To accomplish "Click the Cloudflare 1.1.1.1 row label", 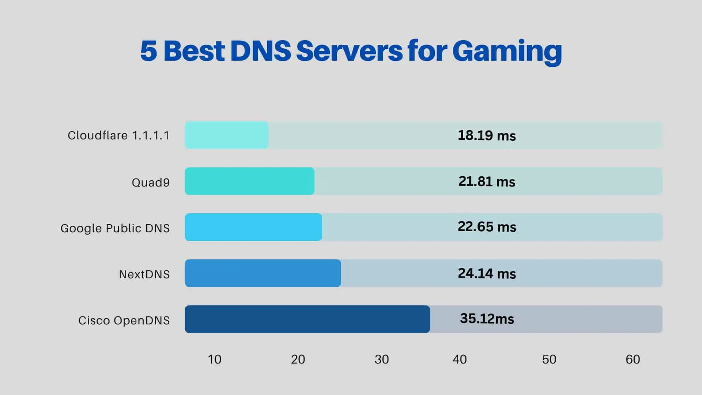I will click(118, 136).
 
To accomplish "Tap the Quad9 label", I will click(151, 182).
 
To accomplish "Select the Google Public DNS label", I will click(115, 228).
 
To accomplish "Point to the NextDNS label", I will click(144, 274).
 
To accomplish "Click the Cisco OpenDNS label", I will click(124, 320).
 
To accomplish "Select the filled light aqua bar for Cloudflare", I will click(226, 135).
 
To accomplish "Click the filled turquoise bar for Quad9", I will click(249, 181).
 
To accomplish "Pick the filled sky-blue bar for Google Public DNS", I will click(253, 227).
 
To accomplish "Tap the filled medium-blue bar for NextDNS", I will click(263, 273).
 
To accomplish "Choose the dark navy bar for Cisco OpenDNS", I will click(307, 319).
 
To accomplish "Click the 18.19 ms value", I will click(487, 136).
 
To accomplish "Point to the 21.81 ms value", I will click(487, 181).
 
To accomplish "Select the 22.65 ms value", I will click(487, 227).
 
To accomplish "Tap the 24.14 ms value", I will click(487, 274).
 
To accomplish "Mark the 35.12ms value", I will click(487, 319).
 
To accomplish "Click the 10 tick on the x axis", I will click(215, 360).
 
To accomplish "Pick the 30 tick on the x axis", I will click(381, 360).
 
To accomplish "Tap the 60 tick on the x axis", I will click(633, 360).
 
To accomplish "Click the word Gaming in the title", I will click(507, 51).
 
